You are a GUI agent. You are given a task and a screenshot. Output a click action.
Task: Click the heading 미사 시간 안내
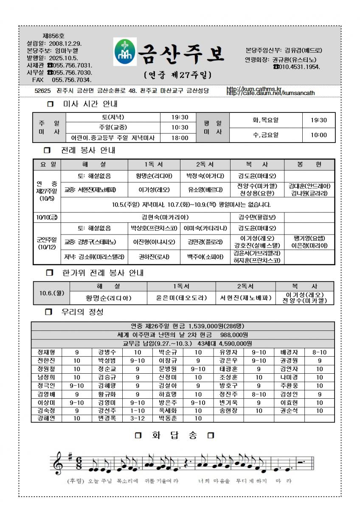[90, 103]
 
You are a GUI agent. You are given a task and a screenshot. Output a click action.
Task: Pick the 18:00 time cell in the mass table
[180, 137]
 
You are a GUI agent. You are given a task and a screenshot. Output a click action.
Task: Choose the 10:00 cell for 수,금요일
[319, 135]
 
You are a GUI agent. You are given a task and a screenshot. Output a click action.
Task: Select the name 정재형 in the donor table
[46, 352]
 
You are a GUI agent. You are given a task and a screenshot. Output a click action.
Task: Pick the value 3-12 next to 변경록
[138, 418]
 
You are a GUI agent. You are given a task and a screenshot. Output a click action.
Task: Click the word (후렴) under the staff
[76, 481]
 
